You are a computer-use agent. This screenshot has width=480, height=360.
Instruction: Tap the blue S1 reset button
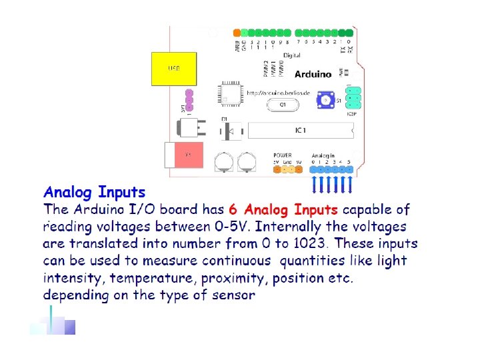point(326,100)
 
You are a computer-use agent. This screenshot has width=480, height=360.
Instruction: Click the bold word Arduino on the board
point(311,73)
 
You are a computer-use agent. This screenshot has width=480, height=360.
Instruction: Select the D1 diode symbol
point(227,131)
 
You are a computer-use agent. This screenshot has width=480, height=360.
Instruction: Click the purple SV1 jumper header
point(189,100)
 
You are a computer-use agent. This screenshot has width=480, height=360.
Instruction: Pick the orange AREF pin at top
point(237,32)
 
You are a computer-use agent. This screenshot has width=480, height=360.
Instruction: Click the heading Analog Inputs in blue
point(94,193)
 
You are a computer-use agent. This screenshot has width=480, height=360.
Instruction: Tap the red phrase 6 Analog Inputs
point(283,210)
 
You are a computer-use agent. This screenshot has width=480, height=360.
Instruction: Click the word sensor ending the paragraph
point(232,294)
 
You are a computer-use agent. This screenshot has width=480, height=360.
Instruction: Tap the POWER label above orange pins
point(282,155)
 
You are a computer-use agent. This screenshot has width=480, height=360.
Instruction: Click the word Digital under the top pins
point(291,55)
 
